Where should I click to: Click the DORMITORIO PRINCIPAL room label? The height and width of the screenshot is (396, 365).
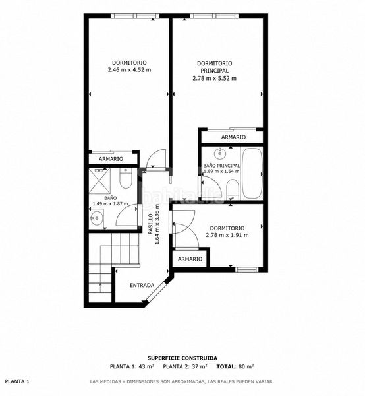(x=215, y=67)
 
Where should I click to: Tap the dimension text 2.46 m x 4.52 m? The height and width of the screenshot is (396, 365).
(x=129, y=70)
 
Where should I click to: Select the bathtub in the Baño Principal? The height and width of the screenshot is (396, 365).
(x=252, y=173)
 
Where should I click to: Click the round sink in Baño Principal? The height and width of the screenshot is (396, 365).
(x=219, y=153)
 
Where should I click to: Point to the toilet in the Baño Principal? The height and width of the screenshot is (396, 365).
(x=232, y=189)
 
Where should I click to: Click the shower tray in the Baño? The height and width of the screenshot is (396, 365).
(x=99, y=181)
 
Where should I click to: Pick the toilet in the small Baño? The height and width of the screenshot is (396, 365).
(x=125, y=178)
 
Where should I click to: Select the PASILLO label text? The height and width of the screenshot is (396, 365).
(x=150, y=224)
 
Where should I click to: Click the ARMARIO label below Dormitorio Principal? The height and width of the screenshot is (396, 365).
(x=233, y=137)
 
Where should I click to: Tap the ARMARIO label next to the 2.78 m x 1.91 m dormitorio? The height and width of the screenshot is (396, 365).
(x=190, y=259)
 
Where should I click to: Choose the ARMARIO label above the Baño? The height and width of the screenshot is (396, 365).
(x=111, y=159)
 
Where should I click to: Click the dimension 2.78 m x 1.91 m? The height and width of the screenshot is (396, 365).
(x=227, y=235)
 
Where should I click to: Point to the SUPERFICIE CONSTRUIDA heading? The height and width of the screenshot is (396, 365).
(x=182, y=358)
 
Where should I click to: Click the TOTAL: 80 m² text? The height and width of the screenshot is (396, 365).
(x=235, y=366)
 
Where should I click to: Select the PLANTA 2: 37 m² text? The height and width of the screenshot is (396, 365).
(x=185, y=366)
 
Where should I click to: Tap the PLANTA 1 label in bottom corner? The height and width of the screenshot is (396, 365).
(x=17, y=381)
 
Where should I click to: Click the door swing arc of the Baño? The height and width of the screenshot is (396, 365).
(x=123, y=211)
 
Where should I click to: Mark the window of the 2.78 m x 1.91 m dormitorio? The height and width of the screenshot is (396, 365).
(x=247, y=269)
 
